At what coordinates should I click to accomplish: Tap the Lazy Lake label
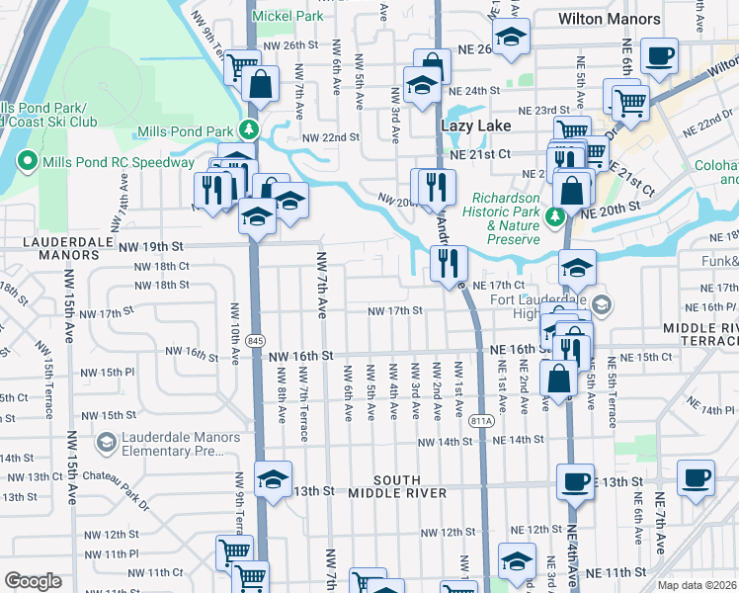click(475, 127)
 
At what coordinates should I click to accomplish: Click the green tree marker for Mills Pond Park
click(251, 129)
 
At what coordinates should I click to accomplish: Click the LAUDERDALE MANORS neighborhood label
click(49, 247)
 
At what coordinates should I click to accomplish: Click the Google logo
click(33, 581)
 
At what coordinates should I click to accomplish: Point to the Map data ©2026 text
click(697, 585)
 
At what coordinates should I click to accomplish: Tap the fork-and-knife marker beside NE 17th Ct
click(449, 263)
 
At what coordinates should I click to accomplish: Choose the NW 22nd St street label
click(328, 137)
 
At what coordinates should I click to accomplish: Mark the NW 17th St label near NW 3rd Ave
click(395, 310)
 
